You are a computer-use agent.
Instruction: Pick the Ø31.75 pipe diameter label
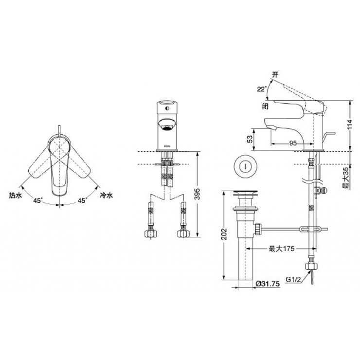pos(267,283)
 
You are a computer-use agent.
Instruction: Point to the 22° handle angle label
pos(261,89)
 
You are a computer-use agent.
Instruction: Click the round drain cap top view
pos(244,166)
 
